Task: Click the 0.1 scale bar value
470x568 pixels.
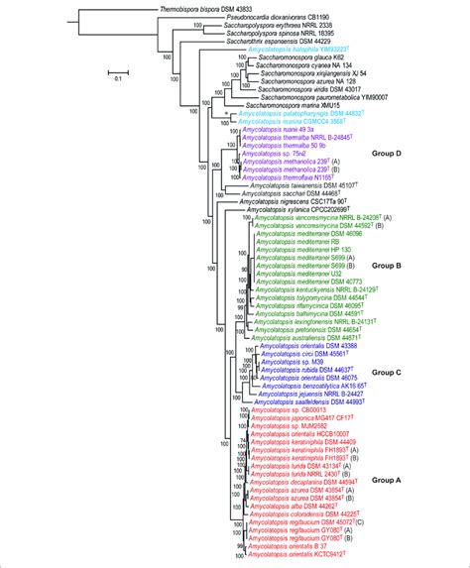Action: (117, 75)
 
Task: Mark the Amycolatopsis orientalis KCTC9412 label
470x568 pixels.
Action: (297, 555)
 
